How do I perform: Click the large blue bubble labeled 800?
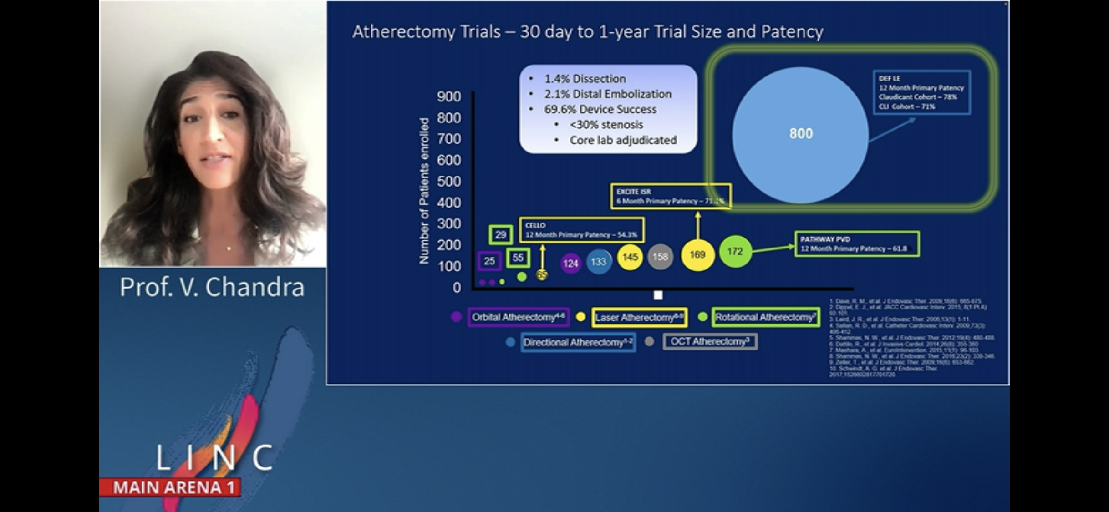click(800, 134)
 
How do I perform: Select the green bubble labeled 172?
click(735, 251)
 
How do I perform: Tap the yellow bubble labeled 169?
click(697, 254)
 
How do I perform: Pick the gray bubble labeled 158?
click(660, 257)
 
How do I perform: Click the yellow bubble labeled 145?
click(630, 257)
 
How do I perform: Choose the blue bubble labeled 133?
click(599, 262)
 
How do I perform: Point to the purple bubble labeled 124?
click(570, 263)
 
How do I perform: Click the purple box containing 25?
click(489, 261)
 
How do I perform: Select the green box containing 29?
click(501, 235)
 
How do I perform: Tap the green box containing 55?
click(518, 258)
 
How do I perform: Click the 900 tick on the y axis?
click(449, 96)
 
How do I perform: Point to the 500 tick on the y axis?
click(449, 182)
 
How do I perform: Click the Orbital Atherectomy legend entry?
click(518, 317)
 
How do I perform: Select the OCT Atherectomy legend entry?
click(710, 341)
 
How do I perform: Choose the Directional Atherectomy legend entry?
click(578, 342)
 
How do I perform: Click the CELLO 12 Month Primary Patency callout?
click(581, 230)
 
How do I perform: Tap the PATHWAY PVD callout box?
click(857, 244)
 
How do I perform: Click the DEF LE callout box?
click(921, 92)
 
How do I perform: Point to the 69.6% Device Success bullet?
click(600, 109)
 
